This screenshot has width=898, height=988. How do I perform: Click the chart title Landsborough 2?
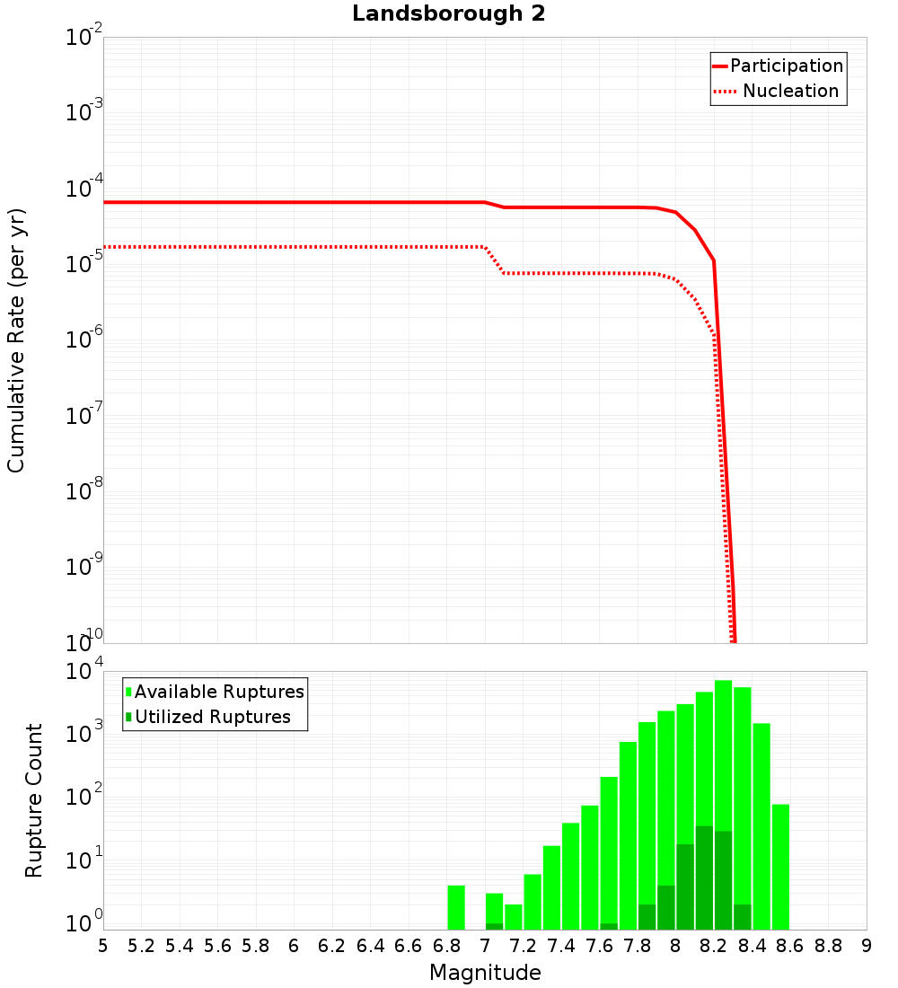449,14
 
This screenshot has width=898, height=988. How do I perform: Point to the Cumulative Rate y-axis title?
16,340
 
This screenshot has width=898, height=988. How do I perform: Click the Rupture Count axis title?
34,800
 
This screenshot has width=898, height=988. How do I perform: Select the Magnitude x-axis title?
485,972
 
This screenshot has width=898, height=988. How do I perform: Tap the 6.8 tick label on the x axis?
446,946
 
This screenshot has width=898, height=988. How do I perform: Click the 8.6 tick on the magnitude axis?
790,946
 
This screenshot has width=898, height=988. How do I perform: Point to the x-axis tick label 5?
103,946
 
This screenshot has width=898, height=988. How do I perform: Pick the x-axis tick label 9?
867,946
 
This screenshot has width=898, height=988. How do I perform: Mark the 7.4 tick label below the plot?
561,946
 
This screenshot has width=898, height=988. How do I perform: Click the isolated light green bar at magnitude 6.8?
456,907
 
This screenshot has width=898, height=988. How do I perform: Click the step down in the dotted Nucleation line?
495,260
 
